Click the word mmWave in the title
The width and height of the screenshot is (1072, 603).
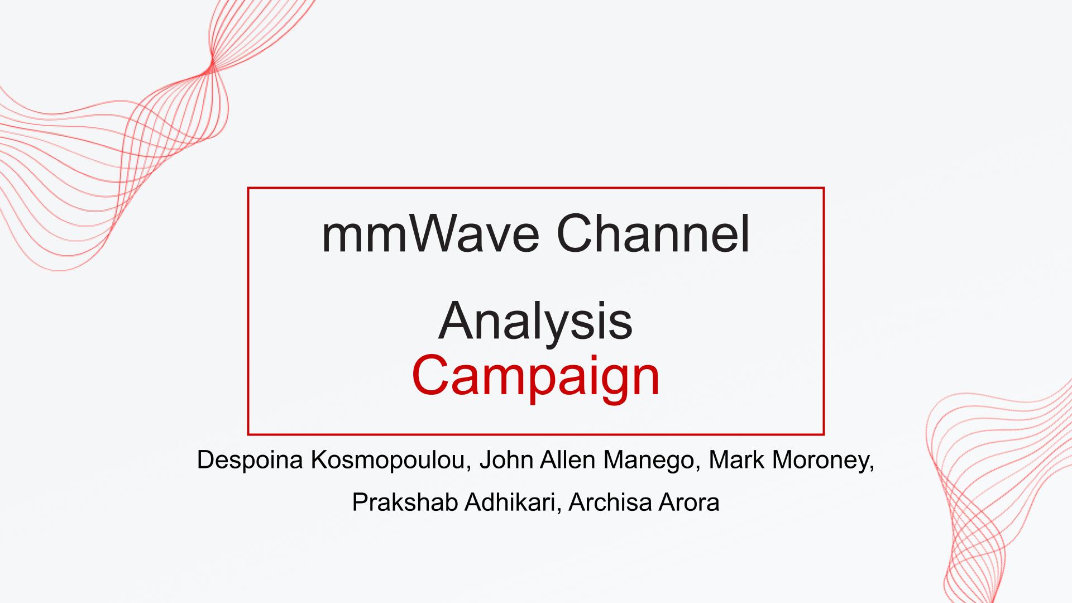tap(430, 235)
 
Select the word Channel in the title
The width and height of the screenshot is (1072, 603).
tap(653, 234)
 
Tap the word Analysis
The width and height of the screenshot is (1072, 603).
tap(535, 321)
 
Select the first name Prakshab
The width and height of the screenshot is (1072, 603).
tap(405, 502)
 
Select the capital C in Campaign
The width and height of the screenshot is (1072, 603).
tap(430, 375)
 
